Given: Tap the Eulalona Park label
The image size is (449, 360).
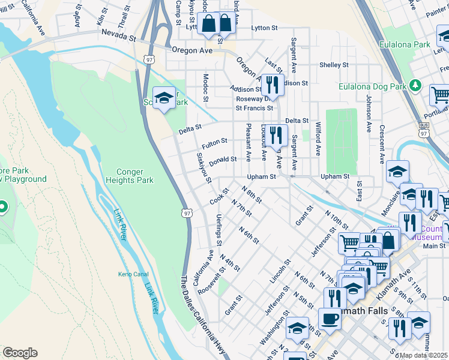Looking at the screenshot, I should [405, 44].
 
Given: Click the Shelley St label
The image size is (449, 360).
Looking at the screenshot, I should [334, 65].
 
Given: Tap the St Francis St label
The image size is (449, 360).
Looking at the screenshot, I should [254, 109].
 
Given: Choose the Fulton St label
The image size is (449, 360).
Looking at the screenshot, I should [214, 143].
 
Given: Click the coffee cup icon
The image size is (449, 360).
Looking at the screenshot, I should [330, 319].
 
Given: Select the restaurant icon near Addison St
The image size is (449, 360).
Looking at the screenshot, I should [272, 85].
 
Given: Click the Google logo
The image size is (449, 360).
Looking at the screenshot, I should [20, 353].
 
